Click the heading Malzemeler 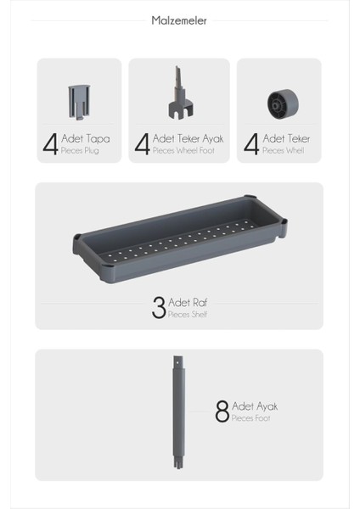[x=179, y=20]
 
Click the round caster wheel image [x=282, y=104]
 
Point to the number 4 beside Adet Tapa [x=51, y=143]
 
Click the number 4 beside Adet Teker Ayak [x=143, y=143]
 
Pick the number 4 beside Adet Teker [x=251, y=143]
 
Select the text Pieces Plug [x=80, y=150]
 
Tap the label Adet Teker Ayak [x=188, y=138]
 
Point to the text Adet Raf [x=186, y=303]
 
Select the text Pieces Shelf [x=188, y=315]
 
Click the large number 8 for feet [x=222, y=412]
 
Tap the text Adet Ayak [x=255, y=406]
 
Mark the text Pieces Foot [x=251, y=418]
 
